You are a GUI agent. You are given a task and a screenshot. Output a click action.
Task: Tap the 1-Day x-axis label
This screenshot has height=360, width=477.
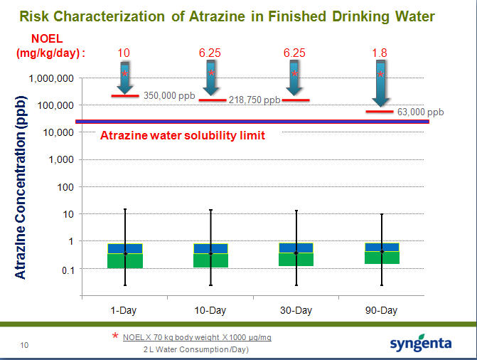coord(124,310)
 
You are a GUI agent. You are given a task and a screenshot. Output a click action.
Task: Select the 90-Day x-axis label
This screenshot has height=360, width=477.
coord(381,310)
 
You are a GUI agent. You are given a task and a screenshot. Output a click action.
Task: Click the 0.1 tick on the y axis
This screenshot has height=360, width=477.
coord(66,269)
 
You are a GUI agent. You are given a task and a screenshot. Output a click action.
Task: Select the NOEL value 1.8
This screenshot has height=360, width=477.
coord(380,53)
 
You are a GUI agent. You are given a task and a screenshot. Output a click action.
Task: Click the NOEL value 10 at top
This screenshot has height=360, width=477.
coord(124,53)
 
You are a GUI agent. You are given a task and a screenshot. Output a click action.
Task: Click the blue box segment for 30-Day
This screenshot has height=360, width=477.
coord(296,248)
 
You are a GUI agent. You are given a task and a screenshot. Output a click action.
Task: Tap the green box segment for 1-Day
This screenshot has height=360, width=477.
coord(125,260)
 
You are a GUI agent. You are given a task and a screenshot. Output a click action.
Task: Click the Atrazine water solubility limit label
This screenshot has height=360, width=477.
coord(183,135)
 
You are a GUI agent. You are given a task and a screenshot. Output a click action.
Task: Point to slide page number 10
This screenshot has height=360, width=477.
coord(24,346)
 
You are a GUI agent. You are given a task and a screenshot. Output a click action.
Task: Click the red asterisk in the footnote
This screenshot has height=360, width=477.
coord(115,336)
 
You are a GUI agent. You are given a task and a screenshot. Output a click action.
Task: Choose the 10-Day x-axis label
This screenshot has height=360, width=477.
coord(210,310)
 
